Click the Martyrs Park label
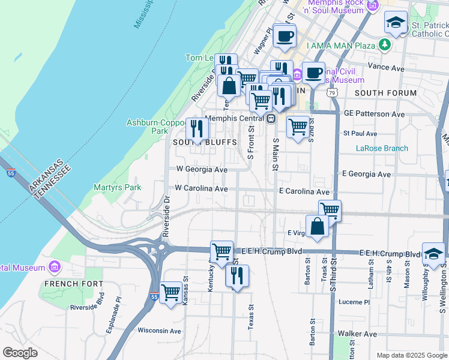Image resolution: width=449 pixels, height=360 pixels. (118, 187)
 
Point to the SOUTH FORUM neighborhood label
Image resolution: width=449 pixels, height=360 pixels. (385, 93)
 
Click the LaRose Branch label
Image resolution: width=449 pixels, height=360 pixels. (382, 148)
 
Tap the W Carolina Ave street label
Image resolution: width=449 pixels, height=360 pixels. (201, 188)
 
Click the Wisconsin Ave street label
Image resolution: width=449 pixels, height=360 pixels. (159, 331)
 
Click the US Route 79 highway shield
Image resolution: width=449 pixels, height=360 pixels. (331, 93)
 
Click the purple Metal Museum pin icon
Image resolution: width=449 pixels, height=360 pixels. (55, 267)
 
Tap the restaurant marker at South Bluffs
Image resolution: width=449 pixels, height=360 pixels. (196, 128)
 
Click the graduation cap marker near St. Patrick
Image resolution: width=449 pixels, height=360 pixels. (396, 23)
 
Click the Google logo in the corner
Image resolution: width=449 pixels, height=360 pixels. (20, 353)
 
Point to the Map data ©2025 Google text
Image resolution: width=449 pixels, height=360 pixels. (411, 355)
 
